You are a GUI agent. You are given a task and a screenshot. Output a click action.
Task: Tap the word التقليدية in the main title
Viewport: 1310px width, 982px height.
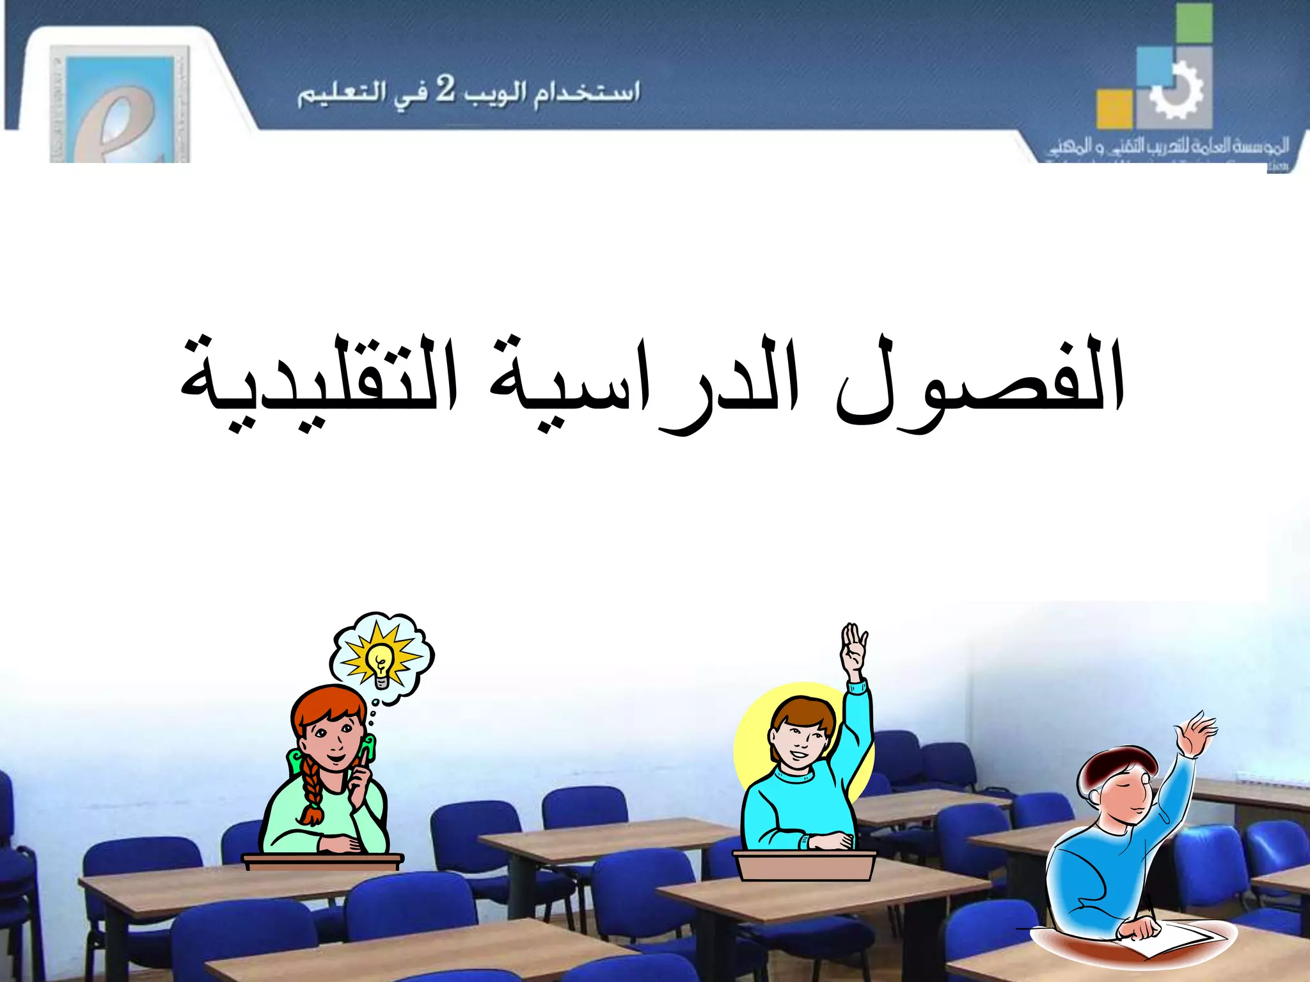point(320,384)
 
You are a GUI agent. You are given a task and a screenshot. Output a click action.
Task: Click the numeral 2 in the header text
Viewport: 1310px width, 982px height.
point(445,90)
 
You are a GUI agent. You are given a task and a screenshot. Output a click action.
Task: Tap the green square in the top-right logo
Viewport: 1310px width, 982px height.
point(1194,22)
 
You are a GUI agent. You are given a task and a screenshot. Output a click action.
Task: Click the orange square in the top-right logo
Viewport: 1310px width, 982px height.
point(1114,109)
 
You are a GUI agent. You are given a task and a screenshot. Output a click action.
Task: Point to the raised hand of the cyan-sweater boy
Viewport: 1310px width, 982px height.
point(853,649)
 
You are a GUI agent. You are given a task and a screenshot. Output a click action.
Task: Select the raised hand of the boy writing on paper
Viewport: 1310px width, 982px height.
point(1197,732)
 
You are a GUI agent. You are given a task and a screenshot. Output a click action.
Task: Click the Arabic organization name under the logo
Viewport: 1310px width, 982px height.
point(1168,146)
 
